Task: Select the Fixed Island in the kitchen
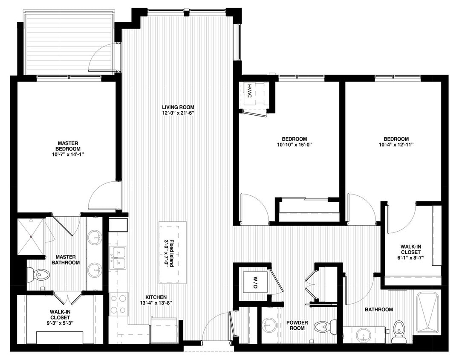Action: coord(173,253)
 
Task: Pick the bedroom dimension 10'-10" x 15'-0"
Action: coord(294,145)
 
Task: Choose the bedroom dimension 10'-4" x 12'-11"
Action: coord(396,145)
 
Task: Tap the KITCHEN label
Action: coord(156,297)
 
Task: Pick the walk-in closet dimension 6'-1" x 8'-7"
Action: coord(411,258)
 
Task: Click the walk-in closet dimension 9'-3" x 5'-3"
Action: coord(60,323)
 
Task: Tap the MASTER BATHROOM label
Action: coord(65,260)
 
